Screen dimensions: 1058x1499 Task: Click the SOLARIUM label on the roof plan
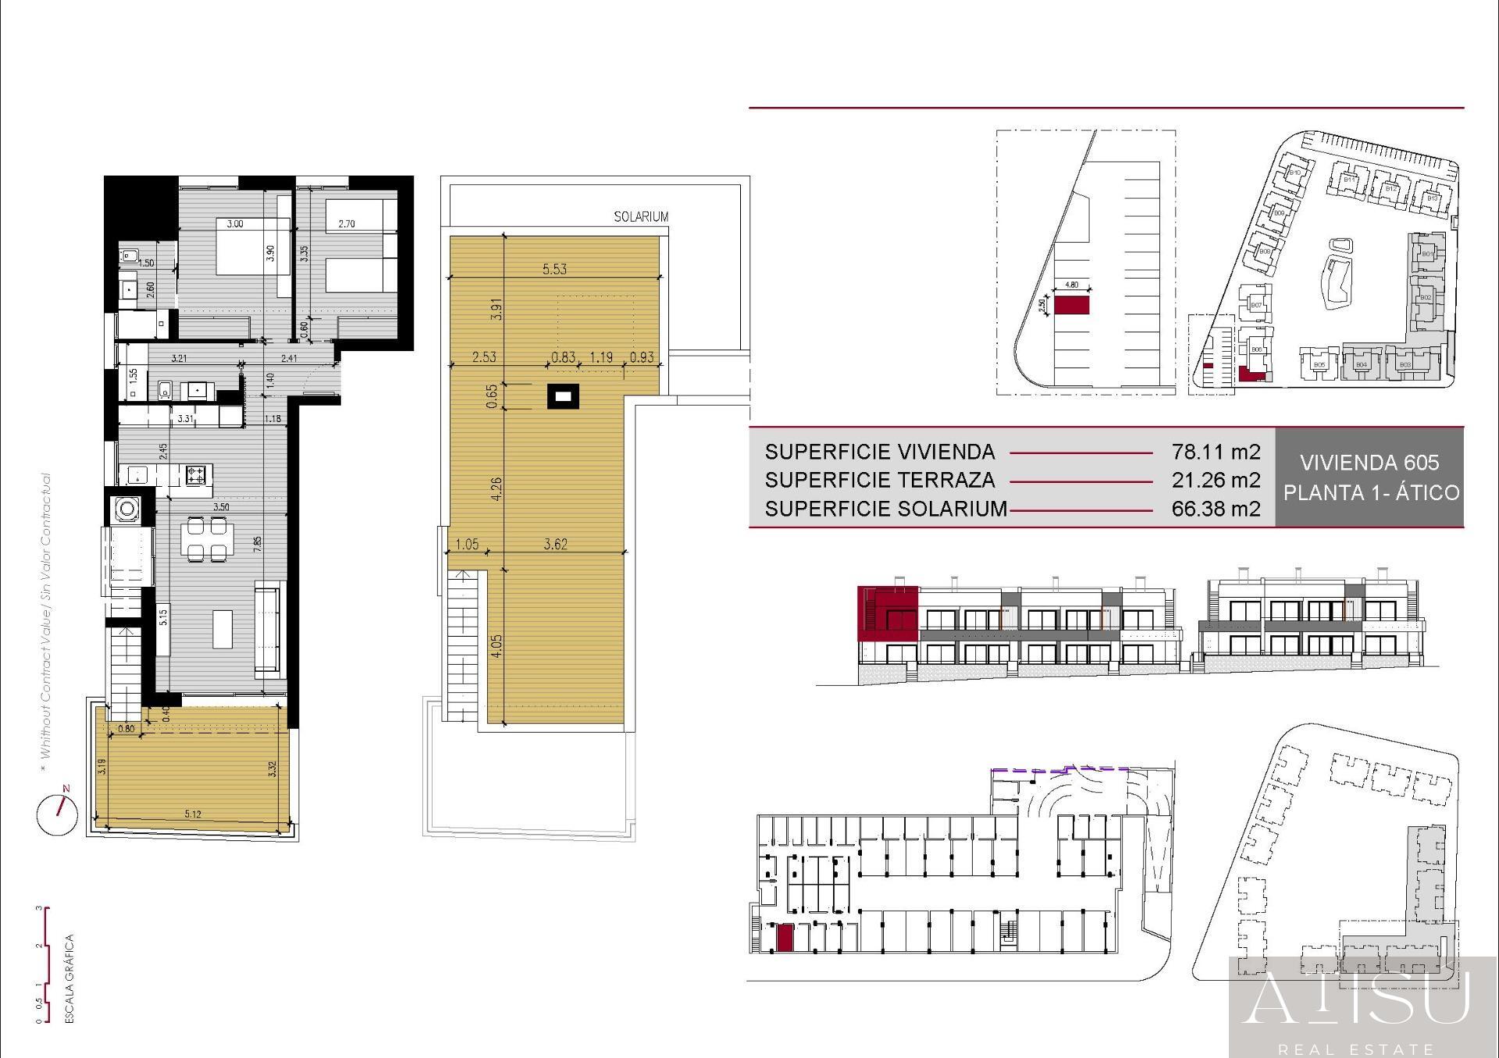coord(640,217)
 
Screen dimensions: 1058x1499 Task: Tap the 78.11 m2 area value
coord(1216,452)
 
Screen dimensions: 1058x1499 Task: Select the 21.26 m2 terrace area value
coord(1216,480)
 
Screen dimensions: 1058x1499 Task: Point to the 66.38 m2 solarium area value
coord(1216,509)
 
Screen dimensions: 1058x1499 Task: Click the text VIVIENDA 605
coord(1369,463)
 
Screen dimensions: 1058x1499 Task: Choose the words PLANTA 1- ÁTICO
coord(1371,493)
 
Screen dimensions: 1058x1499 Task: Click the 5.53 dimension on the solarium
coord(554,269)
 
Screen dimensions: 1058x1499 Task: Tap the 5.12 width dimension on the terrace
coord(193,814)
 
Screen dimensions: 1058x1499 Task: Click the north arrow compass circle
coord(57,815)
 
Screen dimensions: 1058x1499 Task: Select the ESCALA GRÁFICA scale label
coord(69,978)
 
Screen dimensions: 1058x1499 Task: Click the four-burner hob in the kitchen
coord(195,473)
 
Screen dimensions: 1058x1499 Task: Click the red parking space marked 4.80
coord(1071,304)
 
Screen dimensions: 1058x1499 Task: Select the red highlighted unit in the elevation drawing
coord(887,612)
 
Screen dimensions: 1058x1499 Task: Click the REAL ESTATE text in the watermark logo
coord(1355,1049)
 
